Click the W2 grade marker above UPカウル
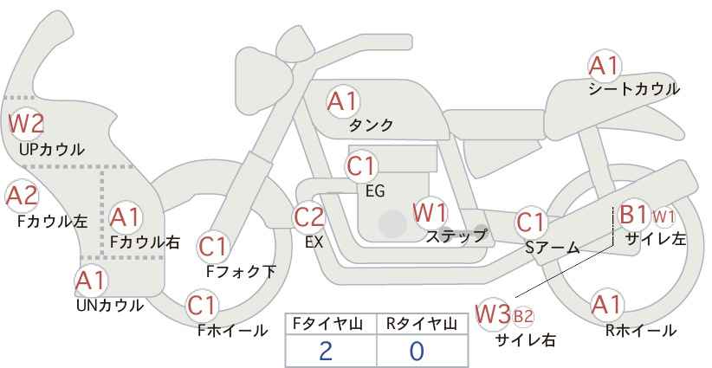tap(26, 124)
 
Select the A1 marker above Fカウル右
tap(126, 218)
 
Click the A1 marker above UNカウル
tap(91, 281)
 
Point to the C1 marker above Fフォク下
tap(213, 247)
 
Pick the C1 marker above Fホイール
tap(201, 306)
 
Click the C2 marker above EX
tap(308, 218)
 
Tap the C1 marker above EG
tap(360, 167)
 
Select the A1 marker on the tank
tap(343, 101)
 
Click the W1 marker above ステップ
tap(430, 213)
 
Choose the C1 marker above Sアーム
tap(531, 223)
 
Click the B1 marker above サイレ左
tap(633, 214)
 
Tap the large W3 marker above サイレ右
tap(493, 314)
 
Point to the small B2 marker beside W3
tap(523, 316)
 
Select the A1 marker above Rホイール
tap(606, 306)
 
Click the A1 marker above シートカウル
tap(605, 67)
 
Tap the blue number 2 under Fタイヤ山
tap(326, 352)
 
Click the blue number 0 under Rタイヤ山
tap(417, 352)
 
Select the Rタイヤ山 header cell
tap(423, 325)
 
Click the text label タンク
tap(371, 125)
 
